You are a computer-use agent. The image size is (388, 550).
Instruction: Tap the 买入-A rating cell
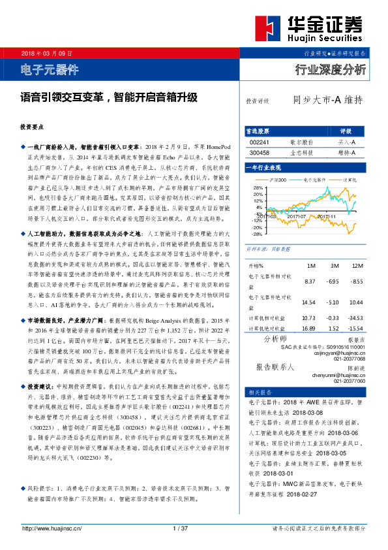346,142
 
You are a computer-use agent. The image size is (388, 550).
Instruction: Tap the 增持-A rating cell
346,152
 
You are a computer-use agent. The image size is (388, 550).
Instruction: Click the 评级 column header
346,131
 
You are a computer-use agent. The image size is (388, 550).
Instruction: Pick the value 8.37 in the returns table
310,281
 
